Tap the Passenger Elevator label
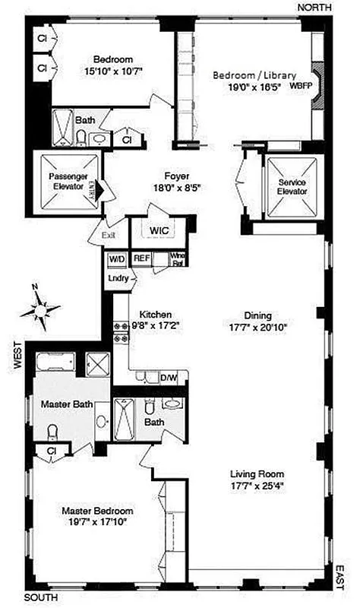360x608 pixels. coord(68,181)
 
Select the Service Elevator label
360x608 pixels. coord(292,187)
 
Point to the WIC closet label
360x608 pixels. coord(159,230)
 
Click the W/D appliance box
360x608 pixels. coord(117,258)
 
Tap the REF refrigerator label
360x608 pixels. coord(141,258)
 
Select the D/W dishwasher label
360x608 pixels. coord(168,377)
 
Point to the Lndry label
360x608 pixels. coord(118,278)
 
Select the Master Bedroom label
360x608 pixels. coord(97,511)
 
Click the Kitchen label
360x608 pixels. coord(155,314)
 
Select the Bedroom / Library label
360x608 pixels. coord(250,75)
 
